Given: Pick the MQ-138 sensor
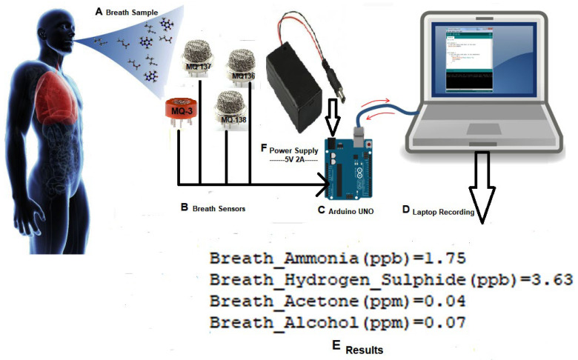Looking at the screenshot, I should [x=232, y=110].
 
